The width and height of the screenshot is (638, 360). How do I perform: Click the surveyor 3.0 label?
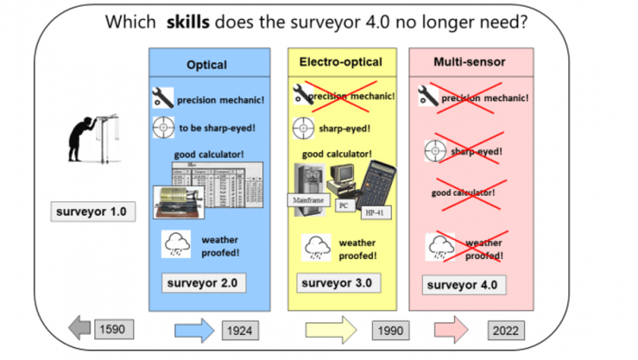tap(336, 282)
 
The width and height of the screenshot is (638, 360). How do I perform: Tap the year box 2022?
tap(510, 330)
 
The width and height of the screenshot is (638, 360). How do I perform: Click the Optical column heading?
tap(206, 65)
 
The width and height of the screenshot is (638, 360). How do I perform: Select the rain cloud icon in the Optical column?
tap(176, 245)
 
